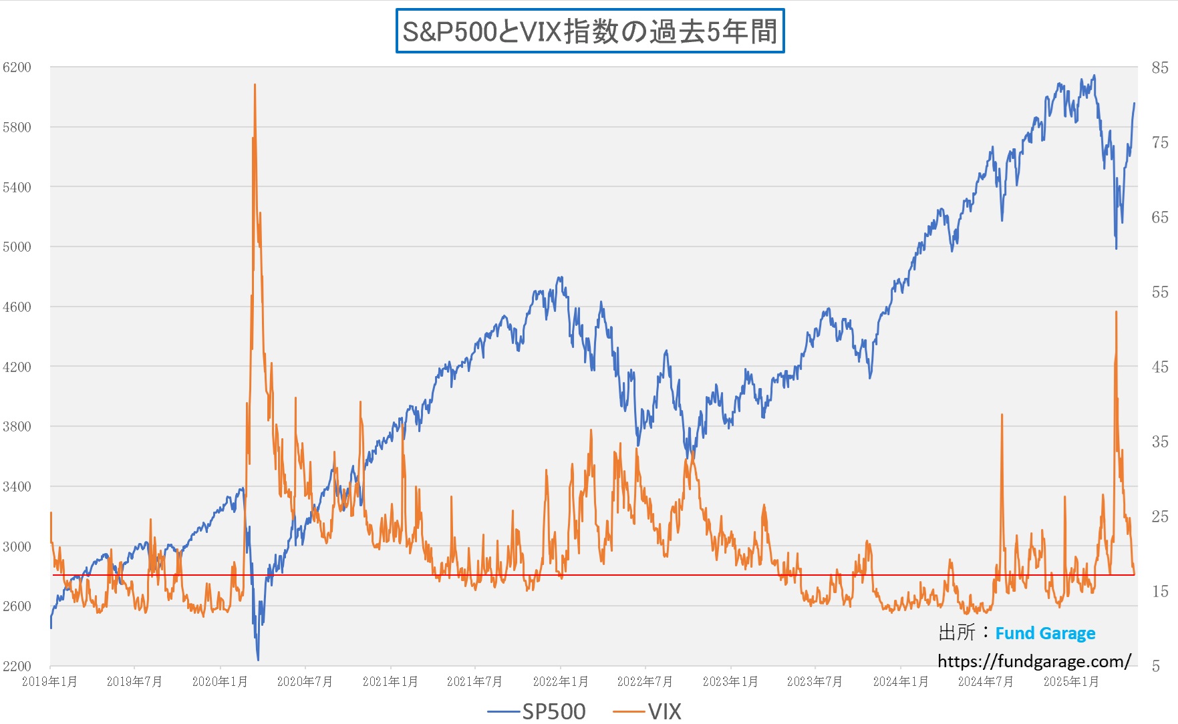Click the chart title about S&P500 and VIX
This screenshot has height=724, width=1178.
click(589, 31)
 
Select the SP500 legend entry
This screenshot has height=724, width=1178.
click(537, 711)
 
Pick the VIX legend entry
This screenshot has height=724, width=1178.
click(648, 711)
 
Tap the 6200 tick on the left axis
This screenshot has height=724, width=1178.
click(17, 67)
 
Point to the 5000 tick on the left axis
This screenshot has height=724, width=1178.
click(17, 247)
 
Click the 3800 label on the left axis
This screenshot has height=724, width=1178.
click(17, 427)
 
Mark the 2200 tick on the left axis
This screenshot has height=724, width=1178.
click(17, 666)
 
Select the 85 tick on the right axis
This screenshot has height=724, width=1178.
click(1160, 68)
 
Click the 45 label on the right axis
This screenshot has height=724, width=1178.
click(1160, 367)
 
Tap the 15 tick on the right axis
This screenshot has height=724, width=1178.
click(1160, 591)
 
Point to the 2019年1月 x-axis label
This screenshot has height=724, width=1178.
click(49, 682)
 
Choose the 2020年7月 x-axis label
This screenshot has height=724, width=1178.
click(305, 682)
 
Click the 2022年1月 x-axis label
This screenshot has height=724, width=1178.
click(560, 682)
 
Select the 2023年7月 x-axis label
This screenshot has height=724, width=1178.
click(815, 682)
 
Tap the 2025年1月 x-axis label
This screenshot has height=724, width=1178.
click(1071, 682)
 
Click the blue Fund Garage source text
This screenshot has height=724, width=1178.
click(1045, 633)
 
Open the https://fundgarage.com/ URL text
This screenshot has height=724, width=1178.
click(1034, 661)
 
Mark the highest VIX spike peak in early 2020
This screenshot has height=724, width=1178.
click(255, 85)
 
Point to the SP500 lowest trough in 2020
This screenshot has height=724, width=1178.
click(258, 660)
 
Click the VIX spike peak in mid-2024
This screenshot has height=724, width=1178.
click(1002, 415)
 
